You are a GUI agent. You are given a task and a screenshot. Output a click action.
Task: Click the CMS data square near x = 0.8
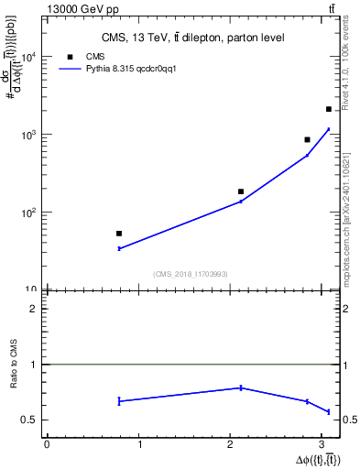[119, 234]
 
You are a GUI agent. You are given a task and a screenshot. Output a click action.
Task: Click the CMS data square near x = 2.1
[241, 191]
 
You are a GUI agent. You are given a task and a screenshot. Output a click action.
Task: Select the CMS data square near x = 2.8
[307, 139]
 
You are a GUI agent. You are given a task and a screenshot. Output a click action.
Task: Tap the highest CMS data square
[328, 109]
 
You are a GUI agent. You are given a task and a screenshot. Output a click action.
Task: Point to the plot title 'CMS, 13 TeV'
[192, 38]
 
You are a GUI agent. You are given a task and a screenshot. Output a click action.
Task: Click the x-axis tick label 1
[139, 444]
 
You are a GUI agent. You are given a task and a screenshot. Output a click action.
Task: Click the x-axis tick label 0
[47, 444]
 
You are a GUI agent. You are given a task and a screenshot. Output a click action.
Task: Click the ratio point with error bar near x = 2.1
[241, 387]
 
